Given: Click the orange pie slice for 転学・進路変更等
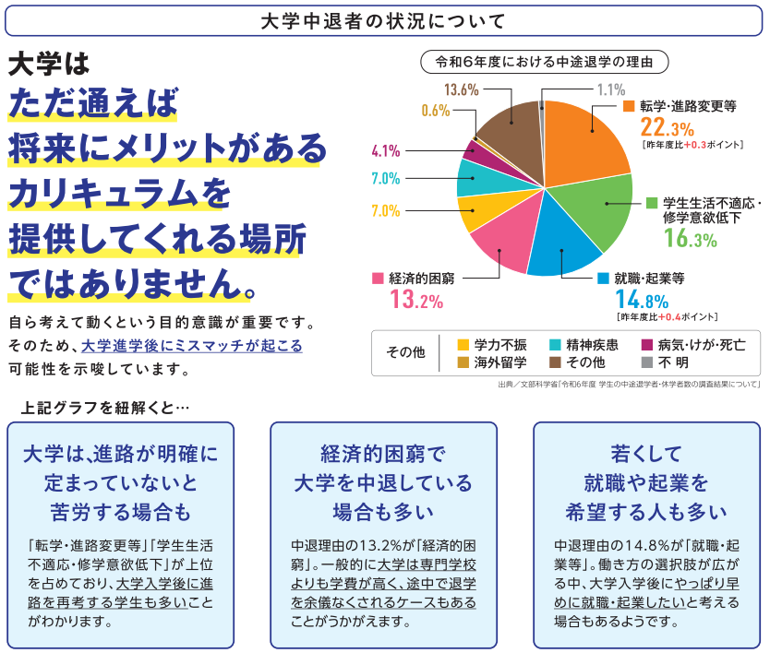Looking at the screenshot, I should click(x=586, y=138).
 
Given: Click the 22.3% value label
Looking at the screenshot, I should click(x=667, y=127).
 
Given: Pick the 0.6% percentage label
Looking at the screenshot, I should click(x=435, y=111).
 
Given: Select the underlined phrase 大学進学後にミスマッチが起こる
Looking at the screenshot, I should click(x=191, y=347).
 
